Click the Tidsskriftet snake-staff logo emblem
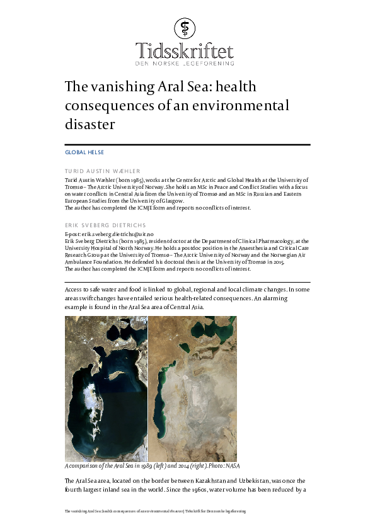186,26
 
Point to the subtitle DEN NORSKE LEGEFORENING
185,63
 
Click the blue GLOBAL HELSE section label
84,152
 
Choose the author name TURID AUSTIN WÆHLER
103,171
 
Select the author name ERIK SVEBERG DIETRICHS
105,225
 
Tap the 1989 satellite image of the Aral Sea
106,388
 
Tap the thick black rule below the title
188,145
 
